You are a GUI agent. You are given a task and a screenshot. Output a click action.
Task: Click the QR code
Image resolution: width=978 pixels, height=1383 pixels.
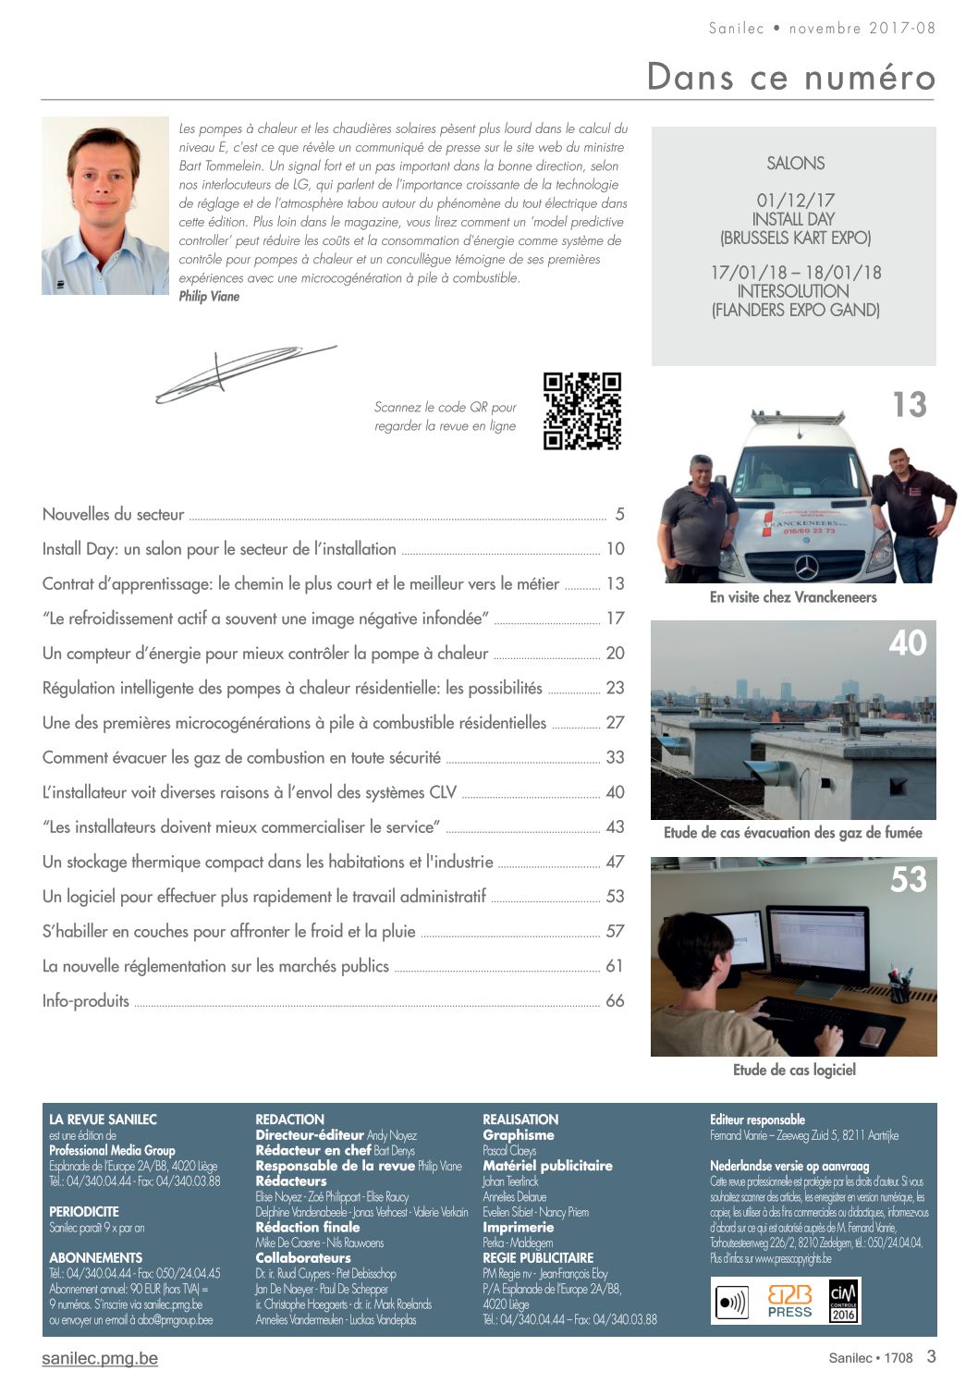tap(581, 410)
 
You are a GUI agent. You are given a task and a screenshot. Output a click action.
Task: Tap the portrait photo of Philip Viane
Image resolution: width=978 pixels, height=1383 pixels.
tap(105, 205)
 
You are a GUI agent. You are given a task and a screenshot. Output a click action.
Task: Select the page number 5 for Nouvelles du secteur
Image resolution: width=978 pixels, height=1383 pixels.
tap(619, 514)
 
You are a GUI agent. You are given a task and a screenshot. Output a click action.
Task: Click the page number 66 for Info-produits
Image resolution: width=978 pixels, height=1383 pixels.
tap(615, 1000)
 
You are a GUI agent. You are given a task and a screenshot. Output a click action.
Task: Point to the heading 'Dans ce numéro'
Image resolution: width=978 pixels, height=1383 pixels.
tap(790, 76)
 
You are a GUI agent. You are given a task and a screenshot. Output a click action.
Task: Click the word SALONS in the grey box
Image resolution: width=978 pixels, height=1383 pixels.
tap(795, 164)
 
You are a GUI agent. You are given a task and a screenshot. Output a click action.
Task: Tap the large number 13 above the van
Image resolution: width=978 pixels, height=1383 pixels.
tap(909, 405)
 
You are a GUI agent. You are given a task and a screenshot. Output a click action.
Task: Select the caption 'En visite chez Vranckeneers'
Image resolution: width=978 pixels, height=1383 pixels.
tap(793, 597)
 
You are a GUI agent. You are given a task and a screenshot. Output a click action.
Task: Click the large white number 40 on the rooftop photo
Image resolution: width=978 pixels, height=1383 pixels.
tap(907, 643)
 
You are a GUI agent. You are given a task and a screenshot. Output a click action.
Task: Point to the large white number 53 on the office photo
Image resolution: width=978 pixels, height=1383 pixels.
tap(908, 879)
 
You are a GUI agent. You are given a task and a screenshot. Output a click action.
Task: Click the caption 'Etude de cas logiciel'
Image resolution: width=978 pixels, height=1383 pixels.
tap(794, 1070)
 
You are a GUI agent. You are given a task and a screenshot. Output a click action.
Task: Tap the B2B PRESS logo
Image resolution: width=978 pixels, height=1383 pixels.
tap(789, 1301)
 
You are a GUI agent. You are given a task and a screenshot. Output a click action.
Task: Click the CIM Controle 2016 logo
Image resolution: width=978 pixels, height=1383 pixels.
tap(843, 1301)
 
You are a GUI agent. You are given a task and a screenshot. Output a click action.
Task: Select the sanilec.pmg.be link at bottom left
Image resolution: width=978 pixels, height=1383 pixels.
tap(100, 1358)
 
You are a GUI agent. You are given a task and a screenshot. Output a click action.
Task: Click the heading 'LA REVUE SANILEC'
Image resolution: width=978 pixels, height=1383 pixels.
tap(103, 1120)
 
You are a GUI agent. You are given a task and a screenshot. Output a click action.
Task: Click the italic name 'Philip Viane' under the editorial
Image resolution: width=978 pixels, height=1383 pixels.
tap(209, 297)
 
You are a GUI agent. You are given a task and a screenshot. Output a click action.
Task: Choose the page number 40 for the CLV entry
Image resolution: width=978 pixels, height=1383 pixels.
tap(615, 792)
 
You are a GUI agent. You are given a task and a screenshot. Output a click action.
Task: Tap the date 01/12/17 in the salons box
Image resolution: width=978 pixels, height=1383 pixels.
tap(795, 200)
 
